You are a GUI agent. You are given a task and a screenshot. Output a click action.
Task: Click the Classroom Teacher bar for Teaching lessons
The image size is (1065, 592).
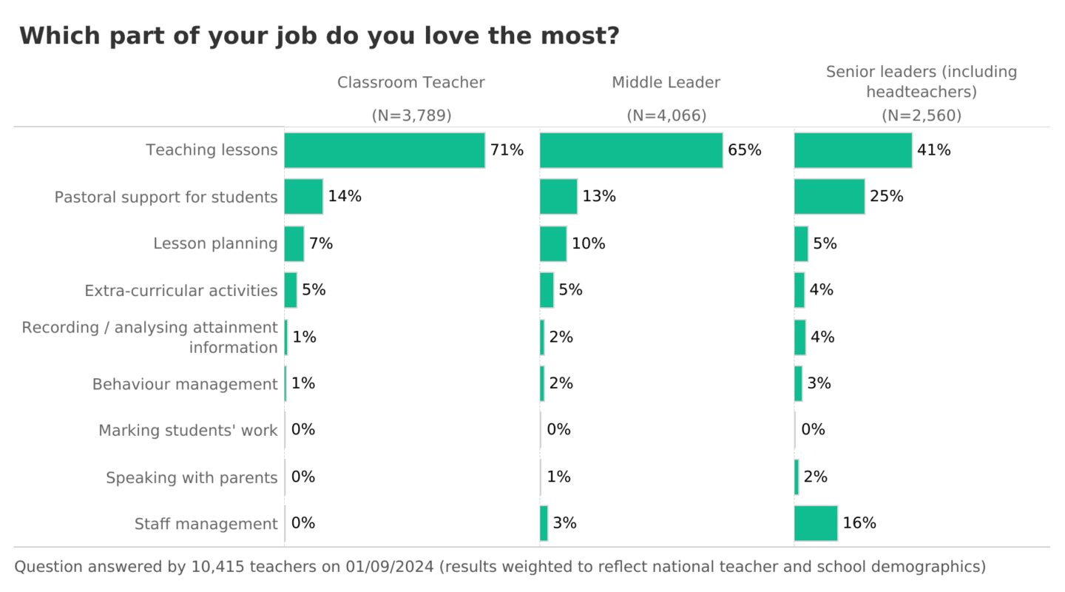[385, 150]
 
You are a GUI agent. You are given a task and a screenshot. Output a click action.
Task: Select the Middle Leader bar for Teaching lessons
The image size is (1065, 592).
[631, 150]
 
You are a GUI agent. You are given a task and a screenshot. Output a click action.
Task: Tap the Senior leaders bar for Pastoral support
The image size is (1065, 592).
[829, 197]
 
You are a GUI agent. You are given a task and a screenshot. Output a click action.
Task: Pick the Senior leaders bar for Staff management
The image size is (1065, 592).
[816, 523]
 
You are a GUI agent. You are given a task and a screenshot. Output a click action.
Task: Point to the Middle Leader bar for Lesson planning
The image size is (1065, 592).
[553, 243]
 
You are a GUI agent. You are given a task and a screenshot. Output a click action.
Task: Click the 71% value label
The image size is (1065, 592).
[507, 150]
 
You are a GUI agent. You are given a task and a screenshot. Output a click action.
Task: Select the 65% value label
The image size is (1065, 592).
[744, 150]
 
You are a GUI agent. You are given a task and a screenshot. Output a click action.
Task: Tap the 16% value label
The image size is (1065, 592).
[859, 523]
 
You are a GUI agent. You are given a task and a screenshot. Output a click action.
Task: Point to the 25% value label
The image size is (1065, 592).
[887, 197]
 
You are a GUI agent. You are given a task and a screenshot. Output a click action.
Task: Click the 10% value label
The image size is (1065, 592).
[588, 243]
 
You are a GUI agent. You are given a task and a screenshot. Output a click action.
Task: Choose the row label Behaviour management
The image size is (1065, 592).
[185, 384]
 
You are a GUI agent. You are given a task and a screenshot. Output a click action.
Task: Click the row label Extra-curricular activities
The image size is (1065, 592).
[181, 291]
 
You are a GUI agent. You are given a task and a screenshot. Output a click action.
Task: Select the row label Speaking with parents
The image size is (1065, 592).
[192, 478]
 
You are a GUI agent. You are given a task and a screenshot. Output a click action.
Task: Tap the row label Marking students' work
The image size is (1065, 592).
[188, 431]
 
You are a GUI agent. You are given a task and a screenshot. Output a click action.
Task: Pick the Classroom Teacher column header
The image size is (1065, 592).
[411, 83]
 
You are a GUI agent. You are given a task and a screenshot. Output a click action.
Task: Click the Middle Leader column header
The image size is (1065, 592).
[666, 83]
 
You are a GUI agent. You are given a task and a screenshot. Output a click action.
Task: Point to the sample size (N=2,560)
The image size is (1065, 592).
[922, 116]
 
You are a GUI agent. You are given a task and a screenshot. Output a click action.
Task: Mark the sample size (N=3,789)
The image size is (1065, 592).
[411, 116]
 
